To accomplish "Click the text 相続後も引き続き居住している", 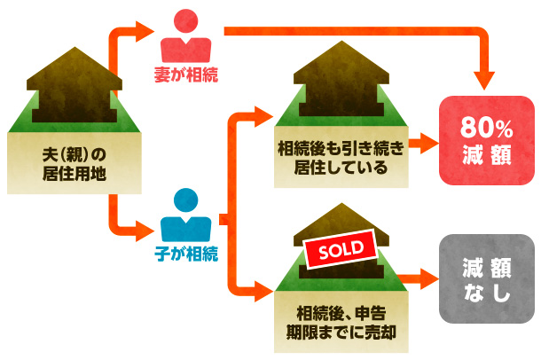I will coord(340,158).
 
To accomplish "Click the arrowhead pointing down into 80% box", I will coord(486,82).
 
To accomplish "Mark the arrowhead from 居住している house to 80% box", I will coord(429,142).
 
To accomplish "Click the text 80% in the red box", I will coord(486,127).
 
